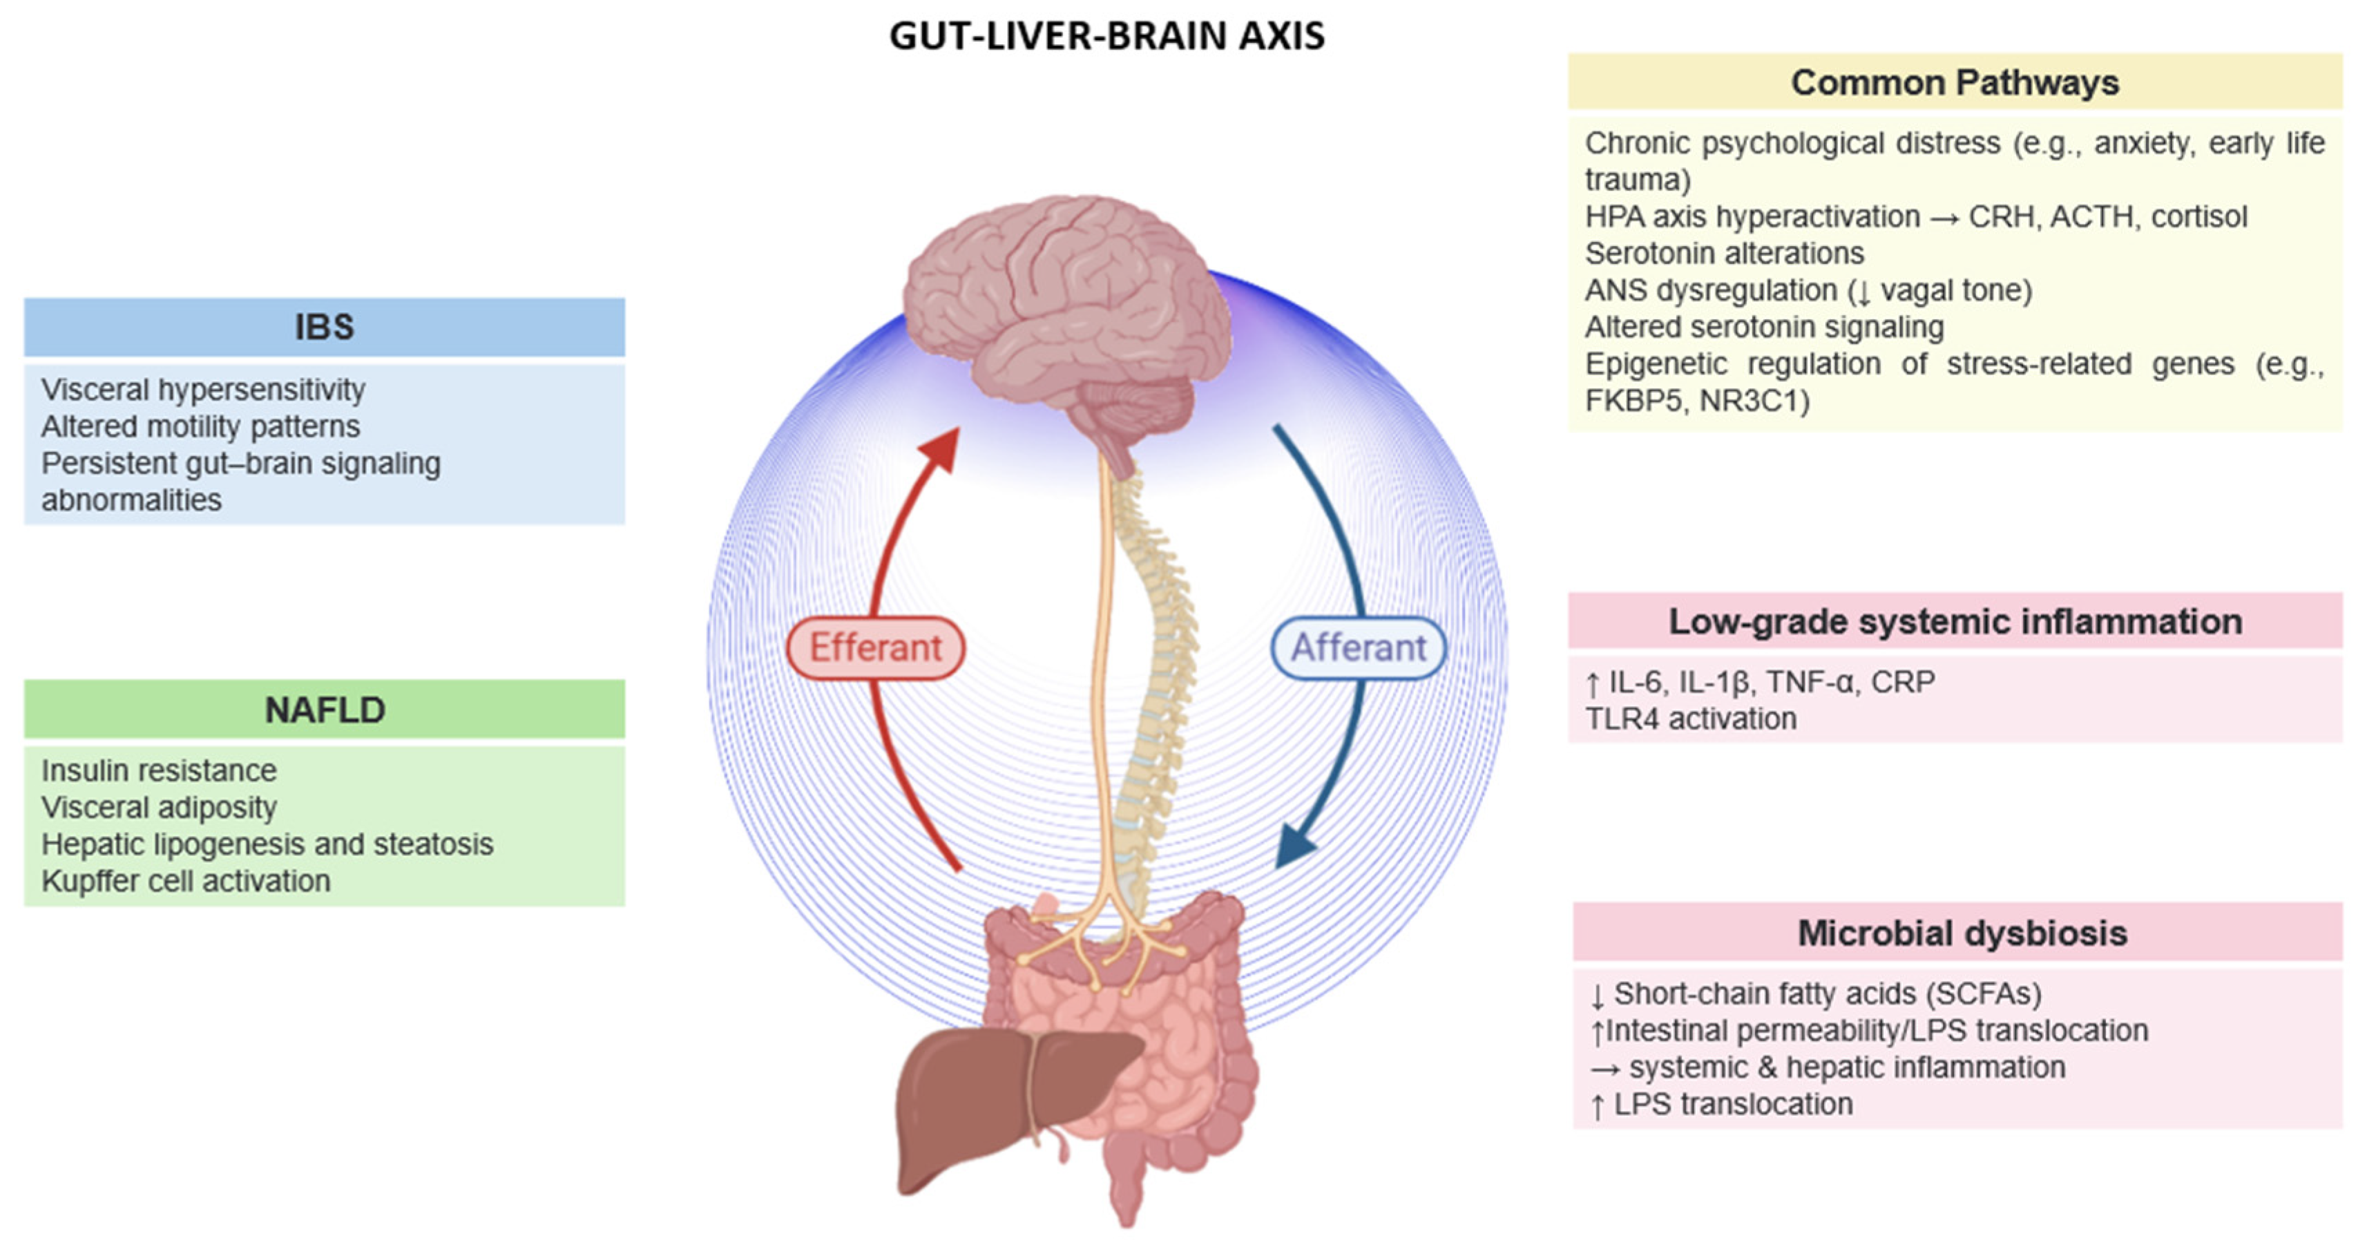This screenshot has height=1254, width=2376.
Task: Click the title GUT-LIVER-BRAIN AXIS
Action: [1106, 36]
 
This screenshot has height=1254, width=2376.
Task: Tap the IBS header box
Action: [324, 327]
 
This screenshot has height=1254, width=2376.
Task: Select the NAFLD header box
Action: [324, 710]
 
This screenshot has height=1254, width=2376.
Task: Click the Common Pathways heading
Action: [1955, 82]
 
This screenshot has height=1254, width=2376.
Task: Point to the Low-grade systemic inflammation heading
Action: [1955, 621]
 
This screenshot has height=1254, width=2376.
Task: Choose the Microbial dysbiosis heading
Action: [1961, 933]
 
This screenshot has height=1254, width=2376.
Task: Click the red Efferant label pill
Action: [875, 648]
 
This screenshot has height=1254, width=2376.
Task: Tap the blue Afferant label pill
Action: [1358, 648]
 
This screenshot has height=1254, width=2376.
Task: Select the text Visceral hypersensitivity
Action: [203, 390]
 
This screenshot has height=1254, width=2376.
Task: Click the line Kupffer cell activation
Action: [185, 881]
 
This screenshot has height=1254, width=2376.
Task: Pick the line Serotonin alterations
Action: [1723, 253]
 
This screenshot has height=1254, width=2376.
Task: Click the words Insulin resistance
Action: [159, 770]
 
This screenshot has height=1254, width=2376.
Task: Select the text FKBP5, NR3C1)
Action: [1696, 401]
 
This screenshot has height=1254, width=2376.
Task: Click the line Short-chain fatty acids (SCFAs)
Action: [1826, 994]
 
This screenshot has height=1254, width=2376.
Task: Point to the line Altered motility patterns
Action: [200, 426]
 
